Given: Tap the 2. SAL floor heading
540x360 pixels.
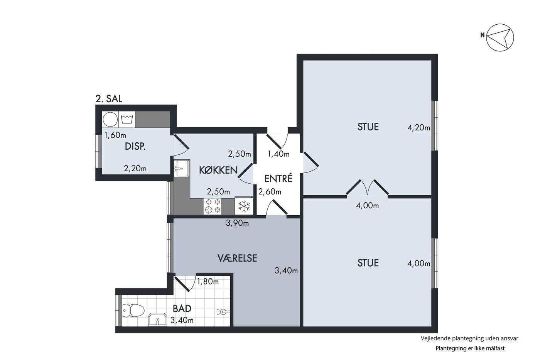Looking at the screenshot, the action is [109, 99].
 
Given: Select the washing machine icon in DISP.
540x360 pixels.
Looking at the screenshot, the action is [127, 119].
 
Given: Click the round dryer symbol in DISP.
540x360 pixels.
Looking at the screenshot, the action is [110, 119].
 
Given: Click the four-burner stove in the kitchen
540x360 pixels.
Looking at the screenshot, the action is [213, 206].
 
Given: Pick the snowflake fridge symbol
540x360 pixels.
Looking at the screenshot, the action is [244, 206].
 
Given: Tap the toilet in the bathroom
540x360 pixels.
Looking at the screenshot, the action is [133, 310].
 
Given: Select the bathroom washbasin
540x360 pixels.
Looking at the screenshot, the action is [157, 320].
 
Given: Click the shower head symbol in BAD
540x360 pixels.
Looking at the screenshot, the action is [223, 312].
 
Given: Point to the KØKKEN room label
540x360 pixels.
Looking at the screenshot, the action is [218, 170].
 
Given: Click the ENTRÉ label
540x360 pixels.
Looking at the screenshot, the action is [278, 178].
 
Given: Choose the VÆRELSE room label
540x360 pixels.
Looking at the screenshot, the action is [237, 258].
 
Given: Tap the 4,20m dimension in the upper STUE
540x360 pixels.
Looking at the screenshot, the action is [418, 128].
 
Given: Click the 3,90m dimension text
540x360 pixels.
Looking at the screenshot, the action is [237, 223].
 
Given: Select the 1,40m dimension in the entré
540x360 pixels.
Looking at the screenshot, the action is [278, 154].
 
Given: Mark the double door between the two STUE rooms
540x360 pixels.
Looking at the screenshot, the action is [367, 188].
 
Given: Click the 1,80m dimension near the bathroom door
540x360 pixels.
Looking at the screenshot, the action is [208, 281].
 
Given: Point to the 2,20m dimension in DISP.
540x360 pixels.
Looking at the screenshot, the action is [135, 168].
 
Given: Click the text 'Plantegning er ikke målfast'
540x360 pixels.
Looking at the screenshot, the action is [470, 348].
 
